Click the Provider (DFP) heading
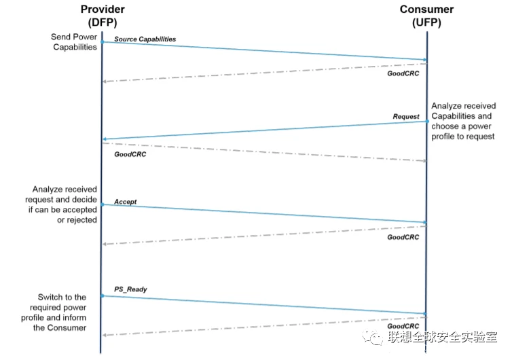coord(103,16)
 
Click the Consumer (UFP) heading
coord(426,16)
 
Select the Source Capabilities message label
coord(145,39)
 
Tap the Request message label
coord(406,116)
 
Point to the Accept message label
coord(125,202)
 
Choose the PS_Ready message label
coord(130,289)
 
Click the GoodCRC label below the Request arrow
coord(130,154)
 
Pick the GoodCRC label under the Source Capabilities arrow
coord(403,73)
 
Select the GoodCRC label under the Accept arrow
coord(403,237)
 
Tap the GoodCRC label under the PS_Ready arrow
coord(403,326)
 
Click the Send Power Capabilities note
coord(74,42)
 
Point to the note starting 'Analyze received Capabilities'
coord(463,121)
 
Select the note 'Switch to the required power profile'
coord(54,312)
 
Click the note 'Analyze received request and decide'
coord(61,204)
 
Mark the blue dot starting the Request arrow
coord(427,122)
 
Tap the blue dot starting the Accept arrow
coord(103,204)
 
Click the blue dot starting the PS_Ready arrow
coord(103,295)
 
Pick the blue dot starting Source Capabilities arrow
coord(103,42)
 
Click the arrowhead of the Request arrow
coord(105,139)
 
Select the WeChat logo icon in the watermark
coord(373,338)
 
